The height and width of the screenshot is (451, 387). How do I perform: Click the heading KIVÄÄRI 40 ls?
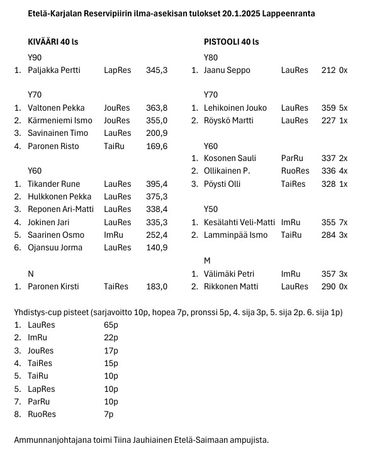click(x=57, y=42)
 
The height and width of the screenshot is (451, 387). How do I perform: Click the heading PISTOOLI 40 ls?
click(x=231, y=42)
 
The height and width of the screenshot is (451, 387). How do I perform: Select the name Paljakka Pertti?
click(x=54, y=70)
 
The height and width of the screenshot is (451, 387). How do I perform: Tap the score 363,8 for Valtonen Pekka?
click(x=157, y=108)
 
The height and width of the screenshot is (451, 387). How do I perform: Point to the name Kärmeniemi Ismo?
click(x=60, y=121)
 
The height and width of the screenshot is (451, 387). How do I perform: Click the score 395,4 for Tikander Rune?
click(x=157, y=184)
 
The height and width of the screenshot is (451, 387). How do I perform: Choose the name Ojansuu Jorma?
click(x=55, y=248)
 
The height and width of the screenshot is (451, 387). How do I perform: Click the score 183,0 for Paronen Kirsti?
click(x=157, y=286)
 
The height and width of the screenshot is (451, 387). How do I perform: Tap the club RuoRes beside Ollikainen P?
click(x=295, y=172)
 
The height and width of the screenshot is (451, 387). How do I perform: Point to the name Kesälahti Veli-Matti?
click(x=239, y=223)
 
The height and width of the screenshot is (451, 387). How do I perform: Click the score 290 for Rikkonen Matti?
click(x=328, y=287)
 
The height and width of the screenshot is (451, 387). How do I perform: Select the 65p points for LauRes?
click(x=111, y=325)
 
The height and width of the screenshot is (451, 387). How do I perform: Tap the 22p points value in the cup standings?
click(x=111, y=338)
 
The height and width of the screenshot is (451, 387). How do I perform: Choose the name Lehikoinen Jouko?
click(x=235, y=108)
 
